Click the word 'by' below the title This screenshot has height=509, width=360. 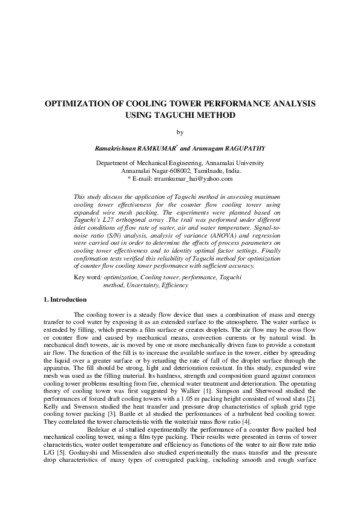click(x=180, y=132)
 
